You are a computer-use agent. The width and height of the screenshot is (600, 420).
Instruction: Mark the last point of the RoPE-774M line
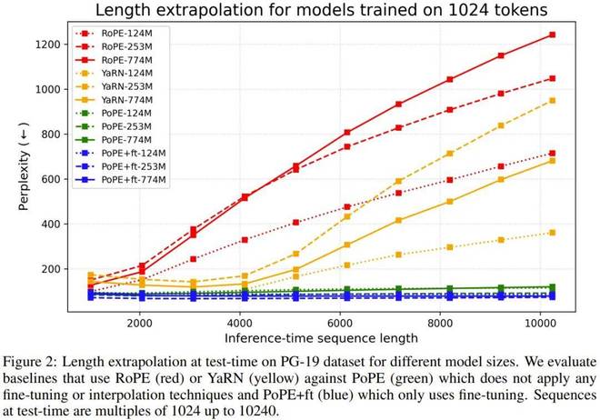pyautogui.click(x=577, y=35)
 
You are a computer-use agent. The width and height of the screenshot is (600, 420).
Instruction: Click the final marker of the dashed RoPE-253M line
pyautogui.click(x=577, y=78)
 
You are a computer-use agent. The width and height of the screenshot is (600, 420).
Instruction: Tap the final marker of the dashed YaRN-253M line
pyautogui.click(x=577, y=101)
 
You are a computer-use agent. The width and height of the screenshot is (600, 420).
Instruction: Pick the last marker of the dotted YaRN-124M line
pyautogui.click(x=577, y=233)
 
